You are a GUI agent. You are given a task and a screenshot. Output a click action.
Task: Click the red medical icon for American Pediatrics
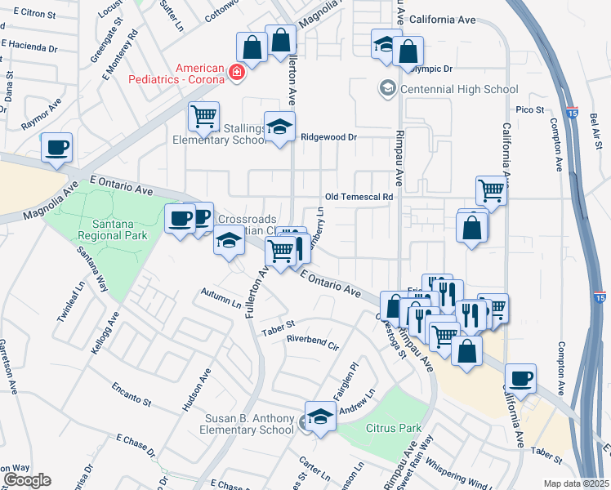tap(237, 73)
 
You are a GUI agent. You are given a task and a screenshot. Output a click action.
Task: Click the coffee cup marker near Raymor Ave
tap(56, 148)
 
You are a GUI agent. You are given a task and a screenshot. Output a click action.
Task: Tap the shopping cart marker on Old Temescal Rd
tap(491, 190)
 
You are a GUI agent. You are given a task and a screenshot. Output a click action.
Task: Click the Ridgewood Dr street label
tap(329, 137)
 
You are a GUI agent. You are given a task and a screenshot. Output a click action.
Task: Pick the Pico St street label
tap(529, 109)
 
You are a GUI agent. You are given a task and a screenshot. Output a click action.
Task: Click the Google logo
tap(27, 480)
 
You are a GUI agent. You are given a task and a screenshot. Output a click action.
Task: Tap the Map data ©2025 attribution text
tap(576, 483)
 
